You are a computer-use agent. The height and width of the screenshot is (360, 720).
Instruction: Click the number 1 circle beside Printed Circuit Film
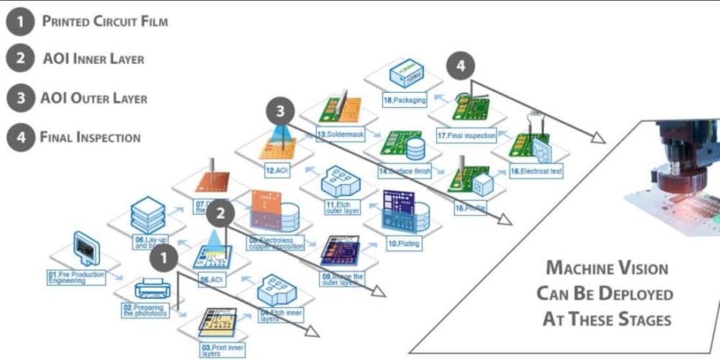point(21,21)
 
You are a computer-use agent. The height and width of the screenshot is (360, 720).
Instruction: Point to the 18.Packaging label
point(405,101)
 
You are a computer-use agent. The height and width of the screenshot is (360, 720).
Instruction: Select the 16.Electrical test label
point(536,171)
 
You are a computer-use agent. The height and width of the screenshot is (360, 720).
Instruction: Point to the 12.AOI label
point(276,172)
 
